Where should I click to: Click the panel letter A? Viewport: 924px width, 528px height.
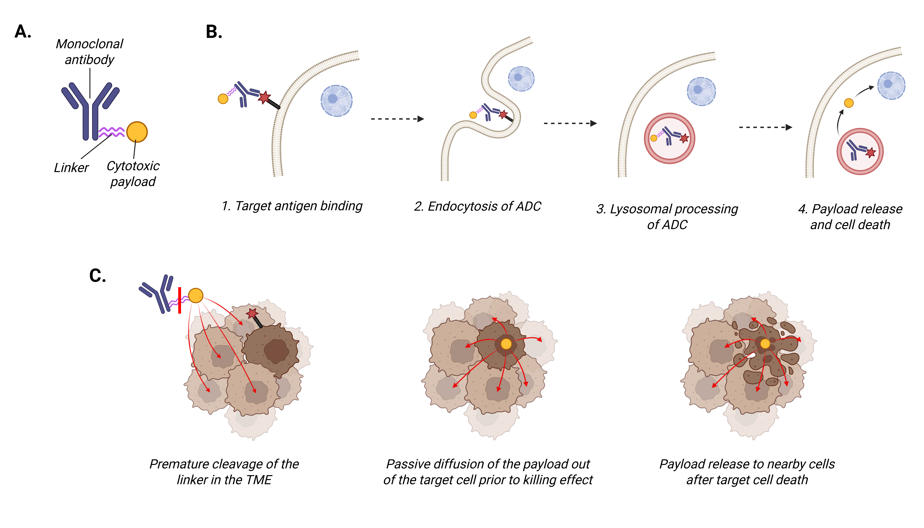[23, 32]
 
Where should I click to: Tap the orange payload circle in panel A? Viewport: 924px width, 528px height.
[137, 132]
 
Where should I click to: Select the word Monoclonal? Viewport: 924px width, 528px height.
[89, 44]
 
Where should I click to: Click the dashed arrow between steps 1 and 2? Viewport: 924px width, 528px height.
[397, 119]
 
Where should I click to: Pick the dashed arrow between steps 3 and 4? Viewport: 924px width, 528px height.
[765, 127]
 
